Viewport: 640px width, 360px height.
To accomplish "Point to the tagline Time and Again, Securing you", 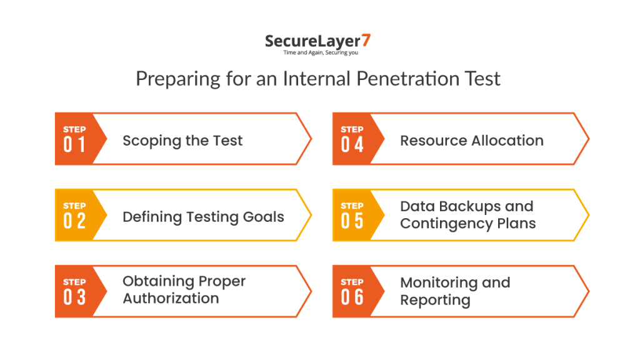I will tap(319, 54).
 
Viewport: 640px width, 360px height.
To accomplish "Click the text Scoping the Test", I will tap(182, 141).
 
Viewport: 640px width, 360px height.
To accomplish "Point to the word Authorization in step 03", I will tap(171, 299).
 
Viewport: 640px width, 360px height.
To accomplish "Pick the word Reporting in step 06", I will tap(435, 301).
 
